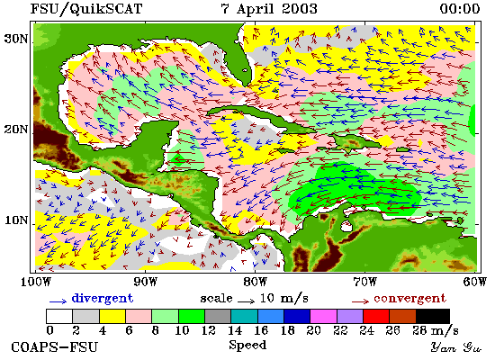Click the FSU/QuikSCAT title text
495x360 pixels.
click(x=86, y=8)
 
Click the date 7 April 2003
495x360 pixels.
click(x=269, y=8)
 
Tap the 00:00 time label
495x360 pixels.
click(x=460, y=8)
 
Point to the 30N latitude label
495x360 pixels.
click(x=16, y=39)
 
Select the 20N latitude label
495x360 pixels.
click(x=16, y=130)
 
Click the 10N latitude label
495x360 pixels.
click(x=16, y=220)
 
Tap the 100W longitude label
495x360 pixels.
click(x=36, y=282)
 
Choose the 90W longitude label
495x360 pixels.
click(x=145, y=282)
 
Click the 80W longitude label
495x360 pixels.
click(x=255, y=282)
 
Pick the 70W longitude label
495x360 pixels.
click(x=364, y=282)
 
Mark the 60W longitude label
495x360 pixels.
click(x=475, y=282)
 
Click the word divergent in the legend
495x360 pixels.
click(x=103, y=298)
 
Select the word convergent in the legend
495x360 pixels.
click(x=409, y=298)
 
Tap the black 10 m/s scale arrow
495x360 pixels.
click(x=246, y=301)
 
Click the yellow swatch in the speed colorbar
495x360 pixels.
click(x=112, y=317)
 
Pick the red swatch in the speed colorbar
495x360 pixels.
click(x=376, y=317)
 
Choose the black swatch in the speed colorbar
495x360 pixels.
click(x=433, y=317)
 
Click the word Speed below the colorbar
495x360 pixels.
click(x=247, y=346)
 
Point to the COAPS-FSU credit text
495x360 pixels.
click(x=55, y=347)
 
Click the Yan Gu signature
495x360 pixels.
click(x=456, y=347)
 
